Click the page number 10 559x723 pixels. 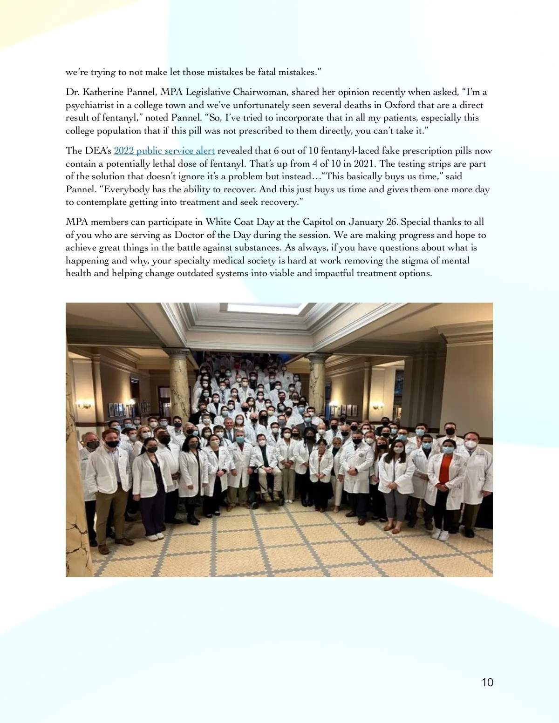(487, 682)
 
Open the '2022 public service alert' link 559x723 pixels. (164, 151)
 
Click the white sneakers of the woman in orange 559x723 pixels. (440, 534)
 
